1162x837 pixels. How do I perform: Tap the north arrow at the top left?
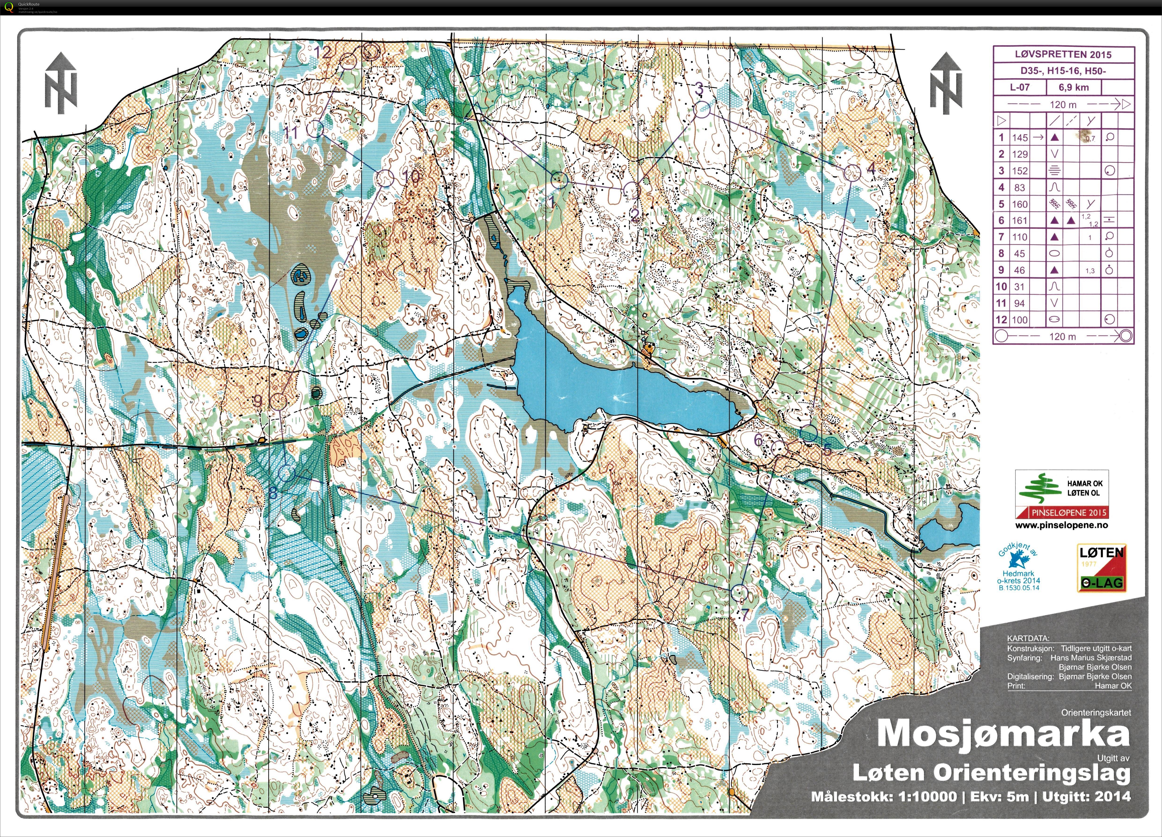click(x=60, y=82)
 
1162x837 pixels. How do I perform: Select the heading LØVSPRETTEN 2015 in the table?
click(x=1063, y=54)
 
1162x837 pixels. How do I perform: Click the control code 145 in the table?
click(x=1020, y=137)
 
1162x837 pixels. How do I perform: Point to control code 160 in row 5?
click(x=1020, y=204)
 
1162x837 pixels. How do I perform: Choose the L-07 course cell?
click(x=1020, y=87)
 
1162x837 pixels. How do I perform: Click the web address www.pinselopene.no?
click(x=1062, y=525)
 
